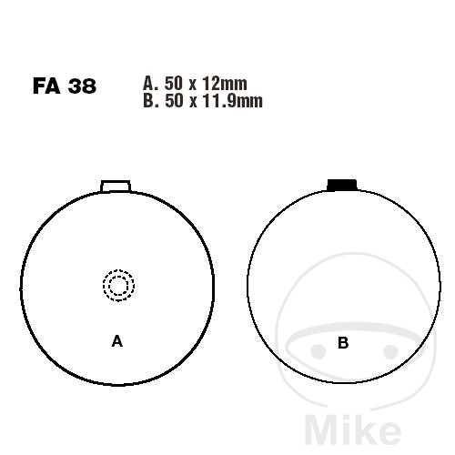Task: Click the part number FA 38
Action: coord(65,86)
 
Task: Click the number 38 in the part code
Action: coord(82,86)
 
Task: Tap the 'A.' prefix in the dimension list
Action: coord(151,84)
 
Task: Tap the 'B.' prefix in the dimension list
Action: coord(151,101)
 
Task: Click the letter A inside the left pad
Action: coord(117,341)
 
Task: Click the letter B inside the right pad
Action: coord(343,343)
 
